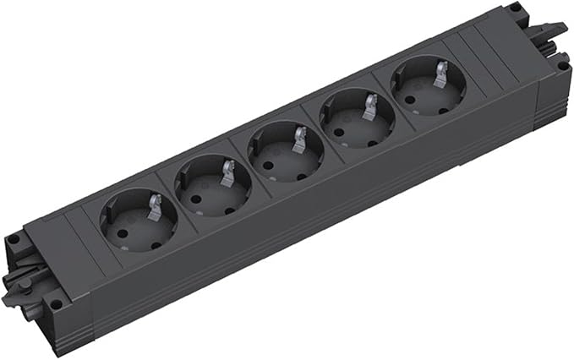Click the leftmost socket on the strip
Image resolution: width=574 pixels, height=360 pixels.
(x=139, y=222)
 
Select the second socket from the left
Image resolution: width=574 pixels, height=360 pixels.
(x=213, y=186)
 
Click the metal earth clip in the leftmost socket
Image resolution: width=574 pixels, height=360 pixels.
(x=154, y=205)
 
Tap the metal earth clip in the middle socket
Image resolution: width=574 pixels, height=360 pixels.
(x=299, y=137)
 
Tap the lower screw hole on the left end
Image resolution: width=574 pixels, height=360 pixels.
(x=56, y=303)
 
